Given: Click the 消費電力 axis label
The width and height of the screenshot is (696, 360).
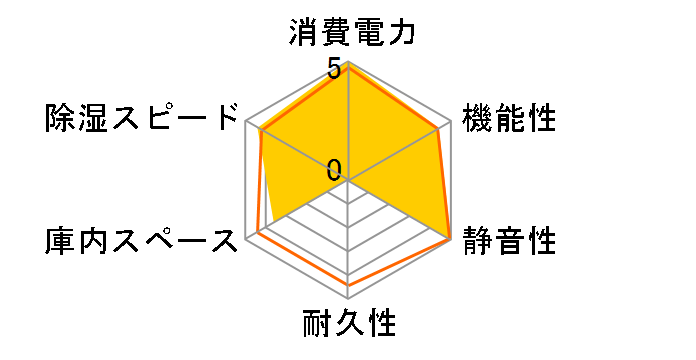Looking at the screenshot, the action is point(349,33).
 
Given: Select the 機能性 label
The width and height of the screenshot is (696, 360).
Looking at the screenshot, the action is point(509,118).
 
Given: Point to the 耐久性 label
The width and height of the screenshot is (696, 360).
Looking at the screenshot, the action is point(349,324).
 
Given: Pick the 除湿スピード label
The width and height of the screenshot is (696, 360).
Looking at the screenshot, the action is point(144,118).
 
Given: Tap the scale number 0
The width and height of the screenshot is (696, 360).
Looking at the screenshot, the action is point(334,169).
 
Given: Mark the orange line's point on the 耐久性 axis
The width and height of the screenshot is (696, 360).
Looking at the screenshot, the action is point(349,285).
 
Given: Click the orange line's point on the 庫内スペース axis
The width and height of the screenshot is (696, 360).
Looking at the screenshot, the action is point(258,233).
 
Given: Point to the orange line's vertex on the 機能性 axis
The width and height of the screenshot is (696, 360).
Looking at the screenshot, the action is point(438,129).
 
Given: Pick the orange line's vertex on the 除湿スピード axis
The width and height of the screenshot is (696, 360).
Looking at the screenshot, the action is point(260,130).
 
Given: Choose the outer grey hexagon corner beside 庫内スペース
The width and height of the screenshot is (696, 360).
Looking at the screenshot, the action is point(247,239).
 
